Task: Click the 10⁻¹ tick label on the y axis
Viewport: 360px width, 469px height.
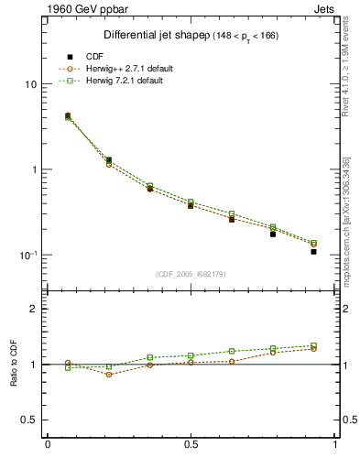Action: pos(27,255)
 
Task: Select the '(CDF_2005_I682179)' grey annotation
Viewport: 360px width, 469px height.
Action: pos(191,274)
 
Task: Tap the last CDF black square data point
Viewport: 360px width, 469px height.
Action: pos(313,251)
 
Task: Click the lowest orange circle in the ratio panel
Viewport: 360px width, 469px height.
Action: pos(109,375)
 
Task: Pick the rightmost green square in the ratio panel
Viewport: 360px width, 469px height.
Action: pos(313,345)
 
